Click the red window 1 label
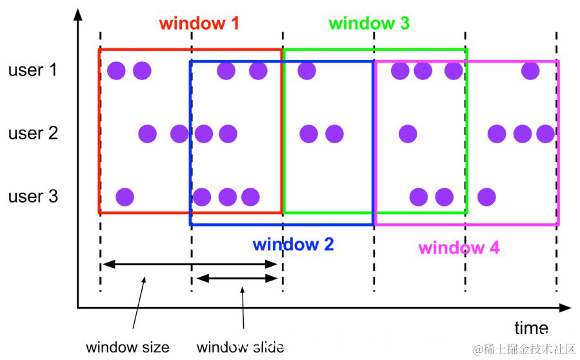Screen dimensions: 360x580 click(x=199, y=24)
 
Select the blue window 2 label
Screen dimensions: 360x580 click(x=293, y=245)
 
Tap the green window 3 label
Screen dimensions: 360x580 click(x=368, y=24)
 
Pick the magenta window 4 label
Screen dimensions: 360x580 click(x=459, y=248)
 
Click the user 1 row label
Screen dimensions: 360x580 click(x=32, y=70)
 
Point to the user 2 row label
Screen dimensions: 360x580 click(x=32, y=134)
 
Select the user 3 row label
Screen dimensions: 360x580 click(x=32, y=196)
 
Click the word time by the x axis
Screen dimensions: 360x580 click(x=531, y=327)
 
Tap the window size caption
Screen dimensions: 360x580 click(x=128, y=347)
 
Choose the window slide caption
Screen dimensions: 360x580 click(x=240, y=347)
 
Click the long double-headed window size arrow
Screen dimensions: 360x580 click(x=191, y=264)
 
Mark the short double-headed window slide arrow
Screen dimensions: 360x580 click(x=237, y=278)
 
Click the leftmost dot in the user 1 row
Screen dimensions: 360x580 click(x=116, y=70)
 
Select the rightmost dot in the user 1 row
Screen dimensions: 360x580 click(x=530, y=70)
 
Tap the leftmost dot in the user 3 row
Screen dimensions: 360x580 click(x=125, y=196)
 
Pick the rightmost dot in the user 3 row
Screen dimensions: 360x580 click(x=486, y=196)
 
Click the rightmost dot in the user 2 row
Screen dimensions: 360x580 click(x=545, y=134)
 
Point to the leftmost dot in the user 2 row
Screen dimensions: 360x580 click(x=148, y=134)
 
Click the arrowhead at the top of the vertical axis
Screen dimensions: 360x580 click(x=78, y=12)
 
